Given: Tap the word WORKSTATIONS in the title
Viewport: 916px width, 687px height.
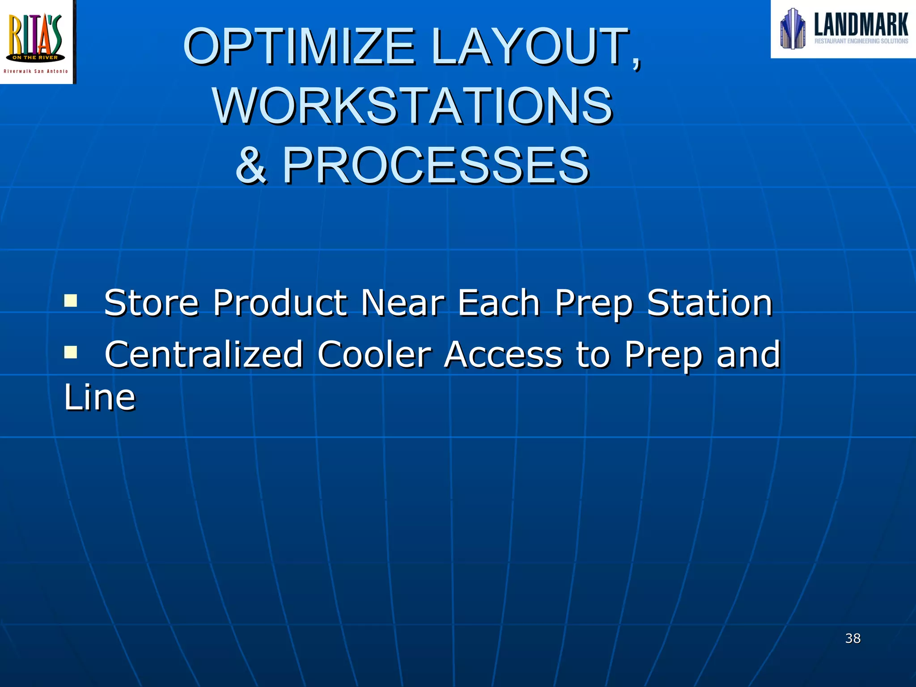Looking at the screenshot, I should click(412, 106).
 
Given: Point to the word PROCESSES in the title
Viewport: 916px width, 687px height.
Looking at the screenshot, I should click(436, 165).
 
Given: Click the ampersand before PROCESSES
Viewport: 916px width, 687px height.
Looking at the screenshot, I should click(251, 165).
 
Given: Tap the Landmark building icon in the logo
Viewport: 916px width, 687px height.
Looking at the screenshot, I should click(793, 29).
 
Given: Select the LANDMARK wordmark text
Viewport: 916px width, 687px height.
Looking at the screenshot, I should click(861, 24).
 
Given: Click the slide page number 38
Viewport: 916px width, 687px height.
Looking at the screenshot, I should click(852, 638).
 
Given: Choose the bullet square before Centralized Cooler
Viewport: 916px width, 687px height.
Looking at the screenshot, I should click(70, 352).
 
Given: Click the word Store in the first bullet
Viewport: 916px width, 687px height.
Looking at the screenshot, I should click(151, 303).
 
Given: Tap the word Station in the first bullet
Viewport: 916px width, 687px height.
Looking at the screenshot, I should click(710, 303).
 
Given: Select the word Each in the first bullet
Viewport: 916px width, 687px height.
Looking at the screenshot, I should click(499, 303).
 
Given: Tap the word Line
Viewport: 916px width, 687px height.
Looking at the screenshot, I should click(99, 397).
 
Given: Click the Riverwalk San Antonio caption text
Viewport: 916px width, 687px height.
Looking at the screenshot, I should click(36, 71).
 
